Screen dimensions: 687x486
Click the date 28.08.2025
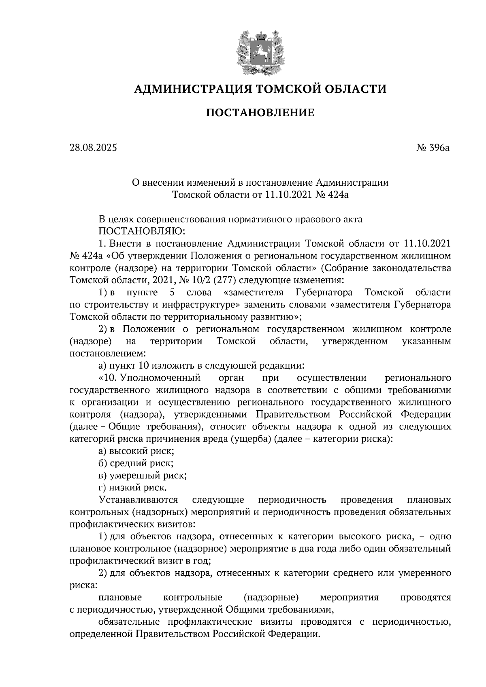tap(93, 148)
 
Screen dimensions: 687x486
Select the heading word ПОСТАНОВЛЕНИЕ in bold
tap(260, 112)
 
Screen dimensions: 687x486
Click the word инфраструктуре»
tap(194, 305)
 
